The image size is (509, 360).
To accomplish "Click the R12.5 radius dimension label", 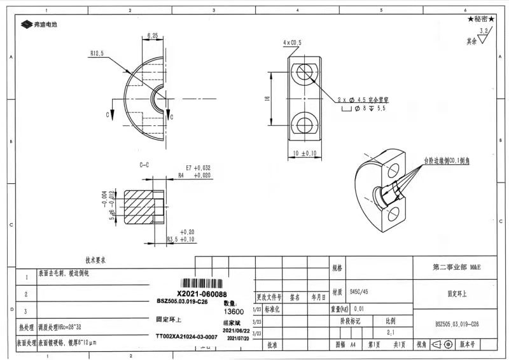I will click(x=97, y=53).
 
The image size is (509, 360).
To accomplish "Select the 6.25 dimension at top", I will click(x=152, y=35).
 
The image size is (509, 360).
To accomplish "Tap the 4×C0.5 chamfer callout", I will click(x=292, y=42).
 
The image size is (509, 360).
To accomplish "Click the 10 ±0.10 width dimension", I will click(x=305, y=153).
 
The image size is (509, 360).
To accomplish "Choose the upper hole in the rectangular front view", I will click(x=305, y=71).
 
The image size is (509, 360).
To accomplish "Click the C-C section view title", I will click(x=144, y=165).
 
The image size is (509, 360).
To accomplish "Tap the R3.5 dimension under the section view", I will click(x=180, y=239).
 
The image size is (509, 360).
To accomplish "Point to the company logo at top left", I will click(x=39, y=24).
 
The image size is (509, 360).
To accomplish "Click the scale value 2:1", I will click(x=389, y=332).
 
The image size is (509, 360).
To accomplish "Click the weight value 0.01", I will click(x=359, y=308).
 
